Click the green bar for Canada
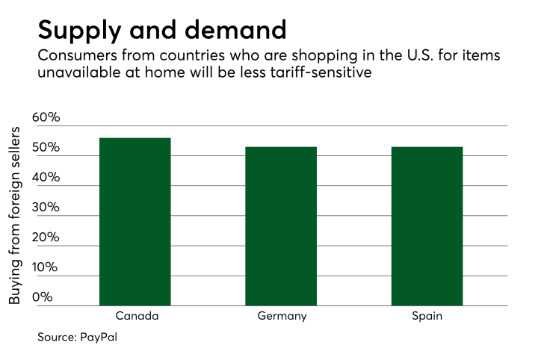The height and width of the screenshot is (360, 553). point(135,222)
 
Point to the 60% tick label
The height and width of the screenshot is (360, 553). point(46,118)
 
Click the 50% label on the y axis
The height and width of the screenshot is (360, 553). point(46,148)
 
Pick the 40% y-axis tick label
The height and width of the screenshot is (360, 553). point(46,178)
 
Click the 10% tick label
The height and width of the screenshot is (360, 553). point(46,267)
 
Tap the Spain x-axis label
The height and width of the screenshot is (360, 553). point(427,316)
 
